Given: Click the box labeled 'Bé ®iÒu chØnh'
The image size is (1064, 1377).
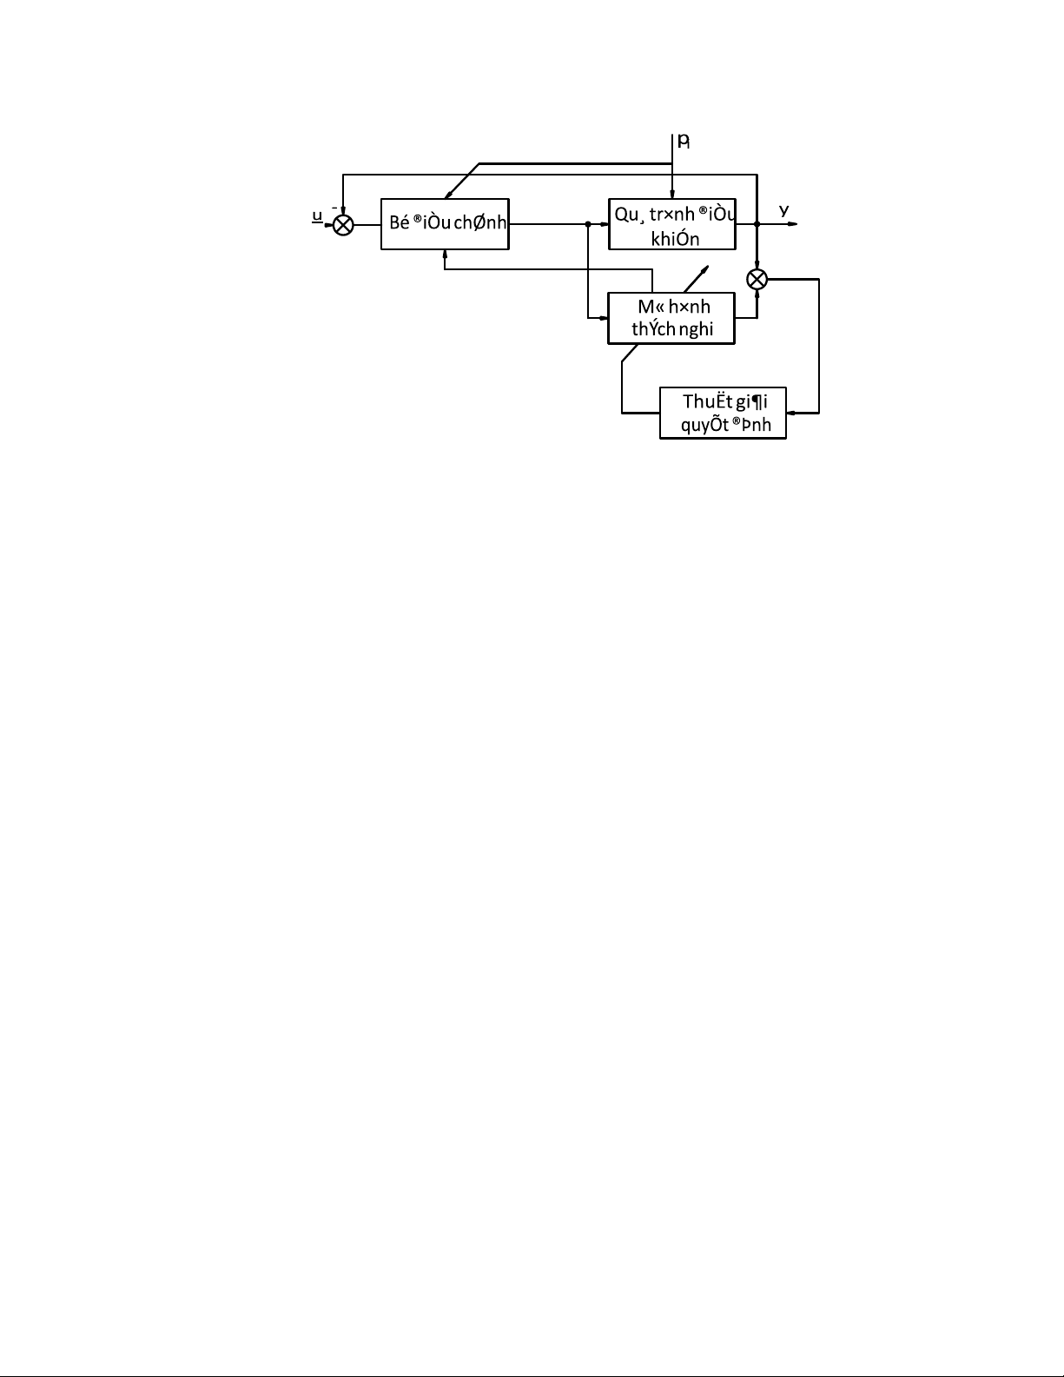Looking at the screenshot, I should [x=445, y=224].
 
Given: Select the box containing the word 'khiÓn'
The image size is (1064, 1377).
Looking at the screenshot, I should [x=672, y=224].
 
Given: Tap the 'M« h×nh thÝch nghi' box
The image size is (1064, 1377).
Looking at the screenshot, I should [x=671, y=318].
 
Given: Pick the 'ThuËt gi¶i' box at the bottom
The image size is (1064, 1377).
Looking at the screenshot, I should [x=723, y=413].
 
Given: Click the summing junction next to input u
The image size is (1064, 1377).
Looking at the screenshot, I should [x=344, y=225].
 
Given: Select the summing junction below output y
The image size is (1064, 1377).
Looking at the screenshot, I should [x=757, y=279].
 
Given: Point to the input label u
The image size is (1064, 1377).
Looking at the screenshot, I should [x=318, y=216].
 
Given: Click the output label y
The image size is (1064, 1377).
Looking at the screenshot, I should [x=783, y=210].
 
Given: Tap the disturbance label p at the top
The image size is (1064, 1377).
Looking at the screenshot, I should [x=683, y=141].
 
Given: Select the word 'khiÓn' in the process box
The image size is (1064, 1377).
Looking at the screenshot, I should [x=675, y=239].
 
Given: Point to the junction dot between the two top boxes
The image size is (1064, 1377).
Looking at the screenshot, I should [x=588, y=224].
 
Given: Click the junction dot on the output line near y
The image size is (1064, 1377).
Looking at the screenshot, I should [x=757, y=224].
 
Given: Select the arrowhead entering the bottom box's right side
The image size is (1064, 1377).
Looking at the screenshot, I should [x=791, y=413].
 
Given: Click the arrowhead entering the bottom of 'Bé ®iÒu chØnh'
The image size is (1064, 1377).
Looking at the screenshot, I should [x=445, y=254].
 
